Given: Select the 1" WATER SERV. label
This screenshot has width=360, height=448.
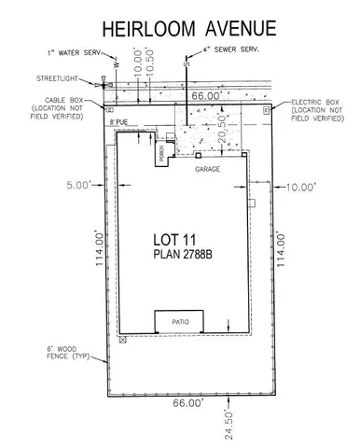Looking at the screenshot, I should pos(73,52).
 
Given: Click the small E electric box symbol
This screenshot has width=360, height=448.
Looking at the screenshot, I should pos(267,110).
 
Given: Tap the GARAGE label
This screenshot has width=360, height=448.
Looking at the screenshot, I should pos(206,171).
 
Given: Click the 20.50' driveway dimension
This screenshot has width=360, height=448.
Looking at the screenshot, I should pos(221,123).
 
